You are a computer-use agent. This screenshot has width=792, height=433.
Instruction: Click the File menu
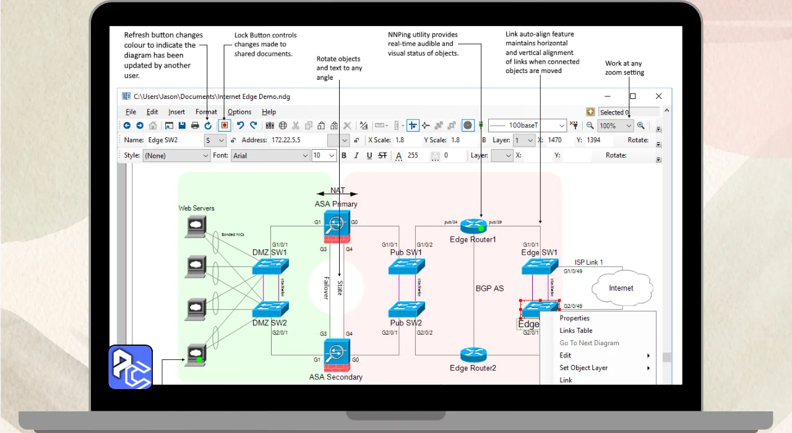131,112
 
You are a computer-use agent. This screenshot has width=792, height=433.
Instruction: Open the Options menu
239,112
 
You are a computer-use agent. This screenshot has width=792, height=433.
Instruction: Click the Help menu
269,112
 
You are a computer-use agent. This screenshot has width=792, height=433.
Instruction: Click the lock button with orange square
225,126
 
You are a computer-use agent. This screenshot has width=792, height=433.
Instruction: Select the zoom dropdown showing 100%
616,126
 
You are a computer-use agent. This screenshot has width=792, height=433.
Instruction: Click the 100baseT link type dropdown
527,126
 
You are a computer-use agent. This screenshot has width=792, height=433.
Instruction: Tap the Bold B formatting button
344,156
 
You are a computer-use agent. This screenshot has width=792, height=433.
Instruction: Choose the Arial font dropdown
270,156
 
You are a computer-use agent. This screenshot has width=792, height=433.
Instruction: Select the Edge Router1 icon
474,226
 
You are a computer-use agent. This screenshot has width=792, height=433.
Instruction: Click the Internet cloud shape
621,288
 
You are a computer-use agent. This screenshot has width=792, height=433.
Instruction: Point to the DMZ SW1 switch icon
270,267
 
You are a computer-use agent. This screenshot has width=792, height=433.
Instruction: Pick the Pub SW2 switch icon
407,309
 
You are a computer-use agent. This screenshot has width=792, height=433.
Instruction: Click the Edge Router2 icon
473,355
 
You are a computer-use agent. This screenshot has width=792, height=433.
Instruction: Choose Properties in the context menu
575,319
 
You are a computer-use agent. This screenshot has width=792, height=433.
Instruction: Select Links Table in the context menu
576,331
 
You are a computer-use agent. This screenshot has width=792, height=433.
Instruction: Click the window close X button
658,96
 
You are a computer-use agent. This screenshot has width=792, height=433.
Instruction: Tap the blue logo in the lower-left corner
131,367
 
